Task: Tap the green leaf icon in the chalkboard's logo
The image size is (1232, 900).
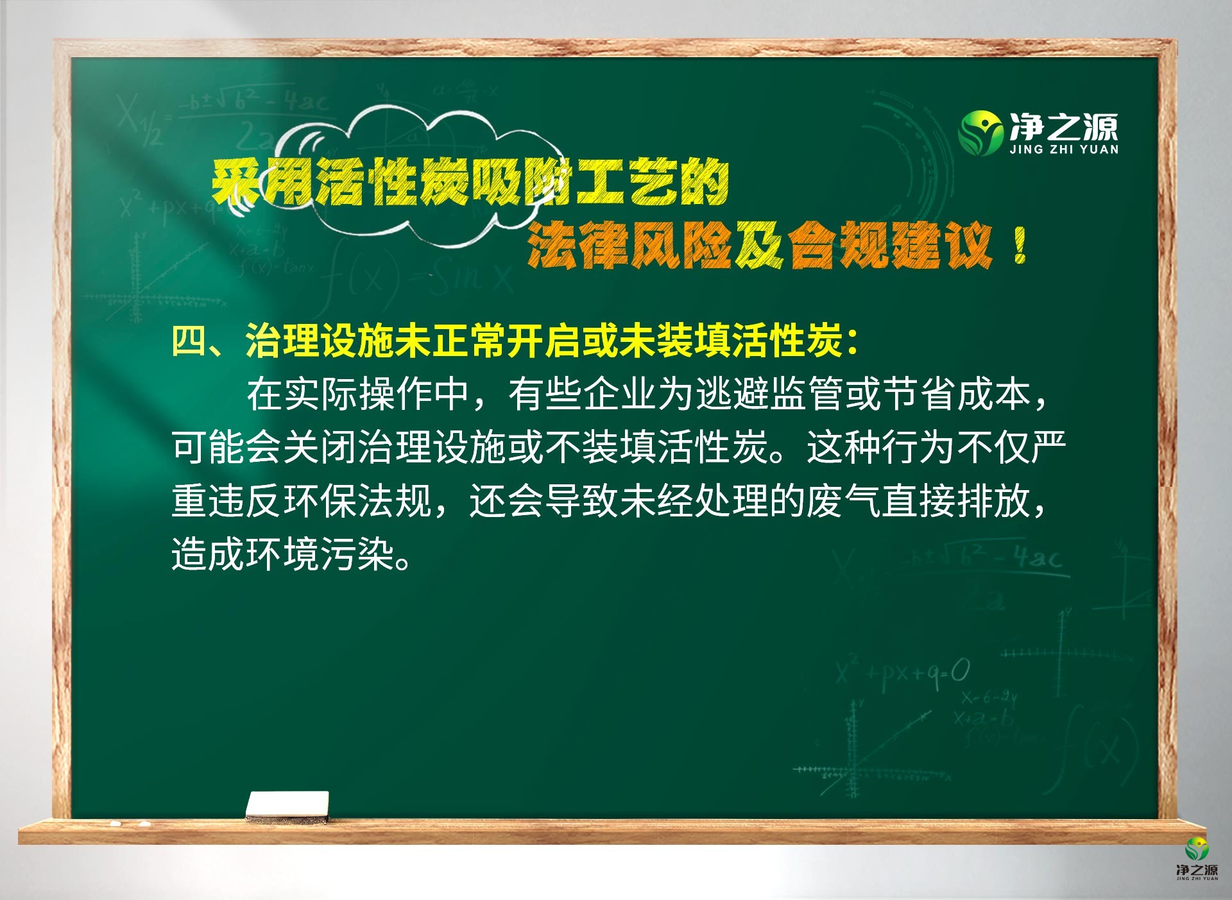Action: point(980,133)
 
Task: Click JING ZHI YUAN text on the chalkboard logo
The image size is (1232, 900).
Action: point(1064,149)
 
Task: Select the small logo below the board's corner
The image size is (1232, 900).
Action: point(1197,859)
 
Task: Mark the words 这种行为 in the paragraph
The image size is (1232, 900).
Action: point(881,447)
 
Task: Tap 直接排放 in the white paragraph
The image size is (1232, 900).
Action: point(955,501)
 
